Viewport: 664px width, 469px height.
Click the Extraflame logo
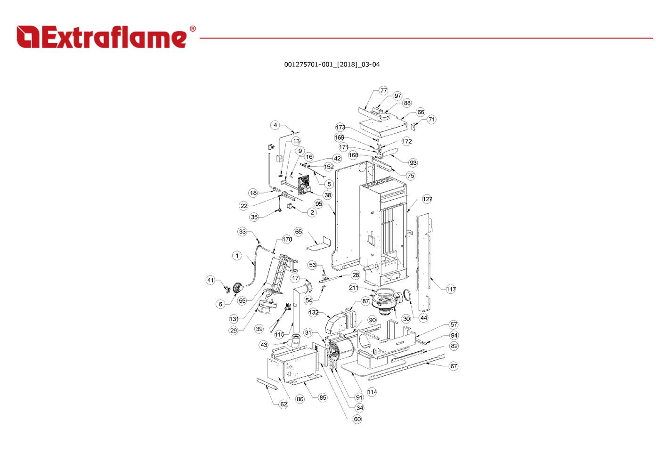click(x=101, y=37)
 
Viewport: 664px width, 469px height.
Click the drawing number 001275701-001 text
click(x=332, y=65)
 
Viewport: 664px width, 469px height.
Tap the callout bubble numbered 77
click(x=383, y=90)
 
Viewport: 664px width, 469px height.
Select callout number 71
click(x=431, y=120)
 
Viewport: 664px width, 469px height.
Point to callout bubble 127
click(x=427, y=199)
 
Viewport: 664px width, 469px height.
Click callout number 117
click(x=451, y=289)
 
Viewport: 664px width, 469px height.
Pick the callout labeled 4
click(x=275, y=125)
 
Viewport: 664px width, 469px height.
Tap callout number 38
click(x=327, y=195)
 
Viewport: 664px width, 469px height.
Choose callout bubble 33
click(x=242, y=232)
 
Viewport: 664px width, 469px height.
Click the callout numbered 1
click(x=237, y=256)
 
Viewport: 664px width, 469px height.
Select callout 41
click(x=211, y=280)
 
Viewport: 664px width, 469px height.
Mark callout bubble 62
click(x=283, y=404)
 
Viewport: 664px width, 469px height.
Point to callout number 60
click(x=357, y=419)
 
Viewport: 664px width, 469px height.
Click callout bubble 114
click(x=372, y=392)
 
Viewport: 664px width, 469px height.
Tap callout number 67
click(x=453, y=366)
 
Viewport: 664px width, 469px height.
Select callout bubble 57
click(x=453, y=324)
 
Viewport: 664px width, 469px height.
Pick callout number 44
click(x=423, y=318)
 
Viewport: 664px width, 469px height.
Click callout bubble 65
click(x=299, y=232)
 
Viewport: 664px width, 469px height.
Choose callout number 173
click(x=340, y=127)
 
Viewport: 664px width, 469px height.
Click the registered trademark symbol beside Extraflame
click(x=192, y=29)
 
